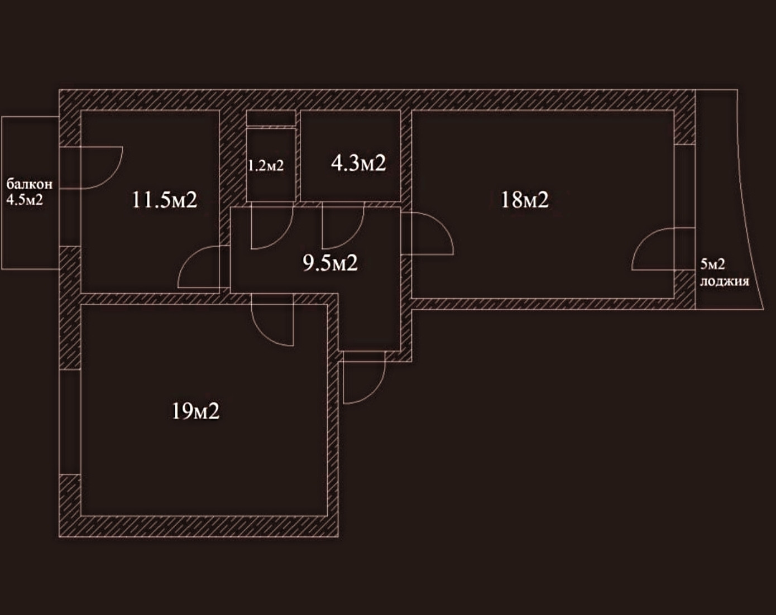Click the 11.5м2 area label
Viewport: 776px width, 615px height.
[165, 199]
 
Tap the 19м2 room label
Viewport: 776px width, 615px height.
[195, 411]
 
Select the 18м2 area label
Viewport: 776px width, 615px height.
[524, 199]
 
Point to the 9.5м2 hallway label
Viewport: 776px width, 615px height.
[330, 262]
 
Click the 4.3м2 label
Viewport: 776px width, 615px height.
[358, 163]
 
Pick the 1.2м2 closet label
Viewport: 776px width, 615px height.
[266, 165]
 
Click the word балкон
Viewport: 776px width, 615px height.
[30, 184]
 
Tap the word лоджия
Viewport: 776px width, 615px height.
[724, 281]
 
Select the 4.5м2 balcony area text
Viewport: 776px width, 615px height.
[25, 200]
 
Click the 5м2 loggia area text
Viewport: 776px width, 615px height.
[712, 264]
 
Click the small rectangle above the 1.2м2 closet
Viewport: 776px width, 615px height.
[271, 119]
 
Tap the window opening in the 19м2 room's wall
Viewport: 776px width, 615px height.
[70, 422]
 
